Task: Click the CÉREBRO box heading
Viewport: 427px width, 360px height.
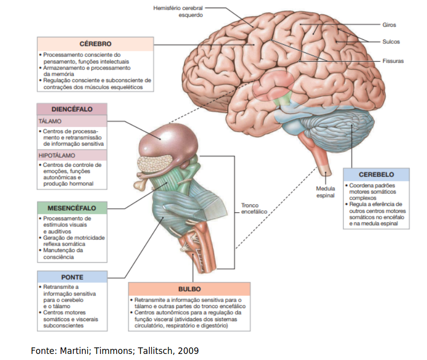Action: point(95,44)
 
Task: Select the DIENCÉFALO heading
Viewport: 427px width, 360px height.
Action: point(72,109)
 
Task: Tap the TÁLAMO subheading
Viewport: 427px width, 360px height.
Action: point(50,121)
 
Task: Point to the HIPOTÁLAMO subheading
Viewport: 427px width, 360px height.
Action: point(57,155)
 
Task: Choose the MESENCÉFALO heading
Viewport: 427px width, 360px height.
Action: point(72,208)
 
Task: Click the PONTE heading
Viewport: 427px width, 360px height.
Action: point(72,277)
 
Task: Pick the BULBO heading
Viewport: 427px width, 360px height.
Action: point(190,289)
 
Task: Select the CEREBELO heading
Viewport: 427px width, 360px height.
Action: point(377,174)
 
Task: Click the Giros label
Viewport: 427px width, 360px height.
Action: point(389,25)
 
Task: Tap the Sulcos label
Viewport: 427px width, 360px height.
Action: point(391,42)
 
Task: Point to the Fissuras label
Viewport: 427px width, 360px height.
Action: point(393,61)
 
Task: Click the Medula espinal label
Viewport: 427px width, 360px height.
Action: point(326,192)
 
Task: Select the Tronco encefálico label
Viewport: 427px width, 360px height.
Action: point(254,208)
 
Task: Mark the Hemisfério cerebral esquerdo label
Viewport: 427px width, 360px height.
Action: point(178,12)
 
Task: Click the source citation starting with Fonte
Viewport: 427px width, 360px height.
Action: point(115,351)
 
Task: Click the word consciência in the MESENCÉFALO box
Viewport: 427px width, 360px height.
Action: point(59,257)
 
